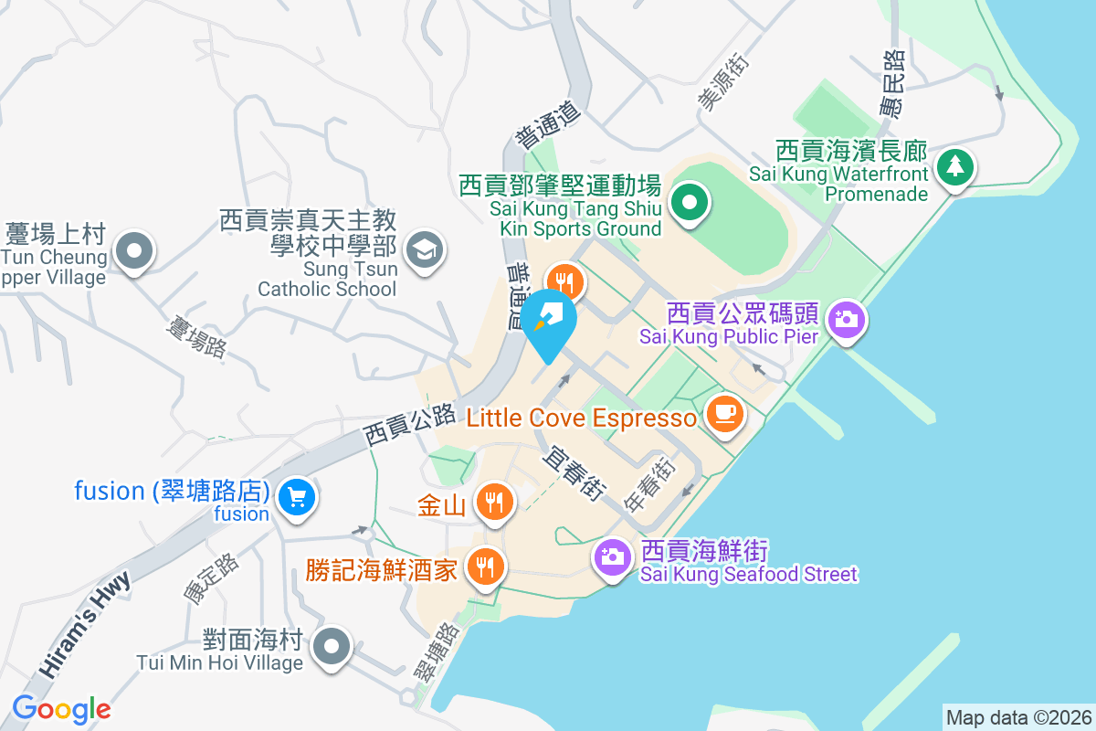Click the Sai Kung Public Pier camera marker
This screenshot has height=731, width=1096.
(x=847, y=319)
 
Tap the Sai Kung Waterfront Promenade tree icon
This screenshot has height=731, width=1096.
(x=954, y=166)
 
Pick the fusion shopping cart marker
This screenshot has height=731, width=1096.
(x=297, y=498)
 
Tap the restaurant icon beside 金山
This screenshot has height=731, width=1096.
(x=493, y=502)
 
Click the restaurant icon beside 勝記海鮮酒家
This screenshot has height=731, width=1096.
(x=485, y=567)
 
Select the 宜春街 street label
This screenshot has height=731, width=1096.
(x=574, y=471)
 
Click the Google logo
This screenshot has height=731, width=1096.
(x=61, y=708)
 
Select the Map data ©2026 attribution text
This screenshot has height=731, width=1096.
(x=1018, y=717)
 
